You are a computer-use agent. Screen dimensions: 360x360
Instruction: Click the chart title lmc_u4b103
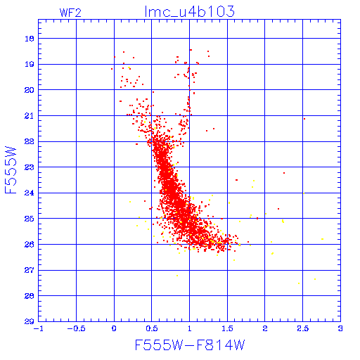[190, 11]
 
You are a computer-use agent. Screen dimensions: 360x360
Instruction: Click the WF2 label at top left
[70, 13]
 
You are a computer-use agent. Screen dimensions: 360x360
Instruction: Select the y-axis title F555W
[11, 170]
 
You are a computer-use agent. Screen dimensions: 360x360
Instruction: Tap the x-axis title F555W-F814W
[190, 345]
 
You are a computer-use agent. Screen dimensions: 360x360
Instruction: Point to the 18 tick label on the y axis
[30, 39]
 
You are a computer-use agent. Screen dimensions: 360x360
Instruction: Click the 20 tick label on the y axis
[30, 90]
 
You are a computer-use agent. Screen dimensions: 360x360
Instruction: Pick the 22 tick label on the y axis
[30, 141]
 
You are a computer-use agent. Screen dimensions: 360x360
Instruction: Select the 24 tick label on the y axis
[30, 193]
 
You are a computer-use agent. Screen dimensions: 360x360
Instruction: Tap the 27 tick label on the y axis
[30, 270]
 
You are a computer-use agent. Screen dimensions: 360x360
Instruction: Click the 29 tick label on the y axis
[30, 321]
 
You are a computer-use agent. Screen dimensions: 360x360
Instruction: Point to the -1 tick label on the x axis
[39, 328]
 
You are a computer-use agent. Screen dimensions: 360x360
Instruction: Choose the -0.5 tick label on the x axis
[76, 328]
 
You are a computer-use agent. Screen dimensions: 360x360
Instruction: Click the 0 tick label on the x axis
[114, 328]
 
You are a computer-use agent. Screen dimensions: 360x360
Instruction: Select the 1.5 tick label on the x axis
[227, 328]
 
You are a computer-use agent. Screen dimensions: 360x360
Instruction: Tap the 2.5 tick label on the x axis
[303, 328]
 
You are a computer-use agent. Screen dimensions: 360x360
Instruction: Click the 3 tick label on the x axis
[340, 328]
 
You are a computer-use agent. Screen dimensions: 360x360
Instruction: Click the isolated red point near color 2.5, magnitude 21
[304, 119]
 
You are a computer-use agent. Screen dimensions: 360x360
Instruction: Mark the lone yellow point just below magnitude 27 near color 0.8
[177, 276]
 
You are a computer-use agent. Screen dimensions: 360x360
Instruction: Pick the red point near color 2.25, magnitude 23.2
[284, 173]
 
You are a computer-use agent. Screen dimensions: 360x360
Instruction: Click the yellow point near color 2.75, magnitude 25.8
[323, 239]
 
